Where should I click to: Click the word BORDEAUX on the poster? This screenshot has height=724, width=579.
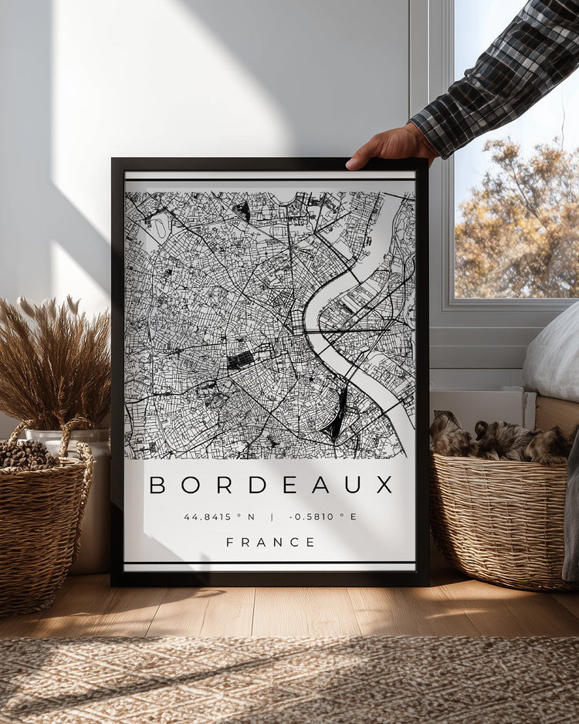click(271, 485)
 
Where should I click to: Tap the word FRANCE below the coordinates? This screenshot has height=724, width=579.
click(270, 542)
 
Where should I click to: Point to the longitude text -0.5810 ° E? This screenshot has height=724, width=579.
click(323, 516)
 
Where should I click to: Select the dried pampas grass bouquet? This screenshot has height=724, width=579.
click(54, 363)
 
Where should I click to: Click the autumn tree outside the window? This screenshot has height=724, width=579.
click(517, 224)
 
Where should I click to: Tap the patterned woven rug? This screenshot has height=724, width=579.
click(289, 679)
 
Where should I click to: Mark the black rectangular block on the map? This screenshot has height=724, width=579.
click(240, 360)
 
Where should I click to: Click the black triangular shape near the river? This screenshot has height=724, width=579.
click(337, 417)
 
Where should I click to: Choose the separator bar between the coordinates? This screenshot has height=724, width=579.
click(271, 516)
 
